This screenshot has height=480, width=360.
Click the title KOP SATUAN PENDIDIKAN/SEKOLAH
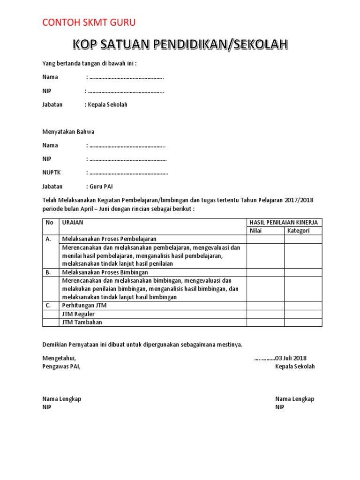tap(180, 45)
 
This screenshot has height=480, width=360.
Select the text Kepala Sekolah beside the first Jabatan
tap(107, 105)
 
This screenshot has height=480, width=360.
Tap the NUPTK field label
tap(52, 172)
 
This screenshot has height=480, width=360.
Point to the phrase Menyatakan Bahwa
tap(68, 132)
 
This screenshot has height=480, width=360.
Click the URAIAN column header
tap(73, 222)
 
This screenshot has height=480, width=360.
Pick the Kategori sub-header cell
tap(298, 231)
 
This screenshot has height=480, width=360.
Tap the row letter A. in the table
tap(49, 239)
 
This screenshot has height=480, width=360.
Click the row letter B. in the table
tap(49, 272)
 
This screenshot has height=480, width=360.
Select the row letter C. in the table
tap(49, 306)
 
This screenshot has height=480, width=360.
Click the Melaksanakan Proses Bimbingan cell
tap(105, 272)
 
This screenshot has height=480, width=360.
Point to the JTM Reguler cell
tap(78, 314)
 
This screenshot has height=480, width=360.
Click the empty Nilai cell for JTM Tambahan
tap(265, 322)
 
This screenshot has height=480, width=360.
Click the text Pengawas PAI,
tap(61, 367)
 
